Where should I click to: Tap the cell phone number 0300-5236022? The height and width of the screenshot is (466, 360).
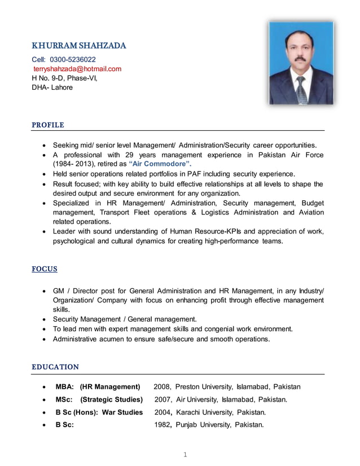[x=73, y=59]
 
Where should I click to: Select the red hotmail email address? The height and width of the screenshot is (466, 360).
[x=77, y=69]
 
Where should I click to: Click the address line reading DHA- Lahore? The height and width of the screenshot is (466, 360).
[x=52, y=87]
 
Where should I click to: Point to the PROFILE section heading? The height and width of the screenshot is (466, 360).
[x=48, y=125]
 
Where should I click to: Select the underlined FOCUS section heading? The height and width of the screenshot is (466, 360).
[x=45, y=269]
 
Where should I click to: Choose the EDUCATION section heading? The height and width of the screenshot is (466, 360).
[x=55, y=367]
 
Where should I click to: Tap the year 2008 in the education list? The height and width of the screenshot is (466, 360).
[x=162, y=387]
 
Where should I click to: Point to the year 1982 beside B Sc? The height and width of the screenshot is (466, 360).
[x=163, y=425]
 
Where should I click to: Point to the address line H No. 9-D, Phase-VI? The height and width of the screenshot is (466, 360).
[x=64, y=78]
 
